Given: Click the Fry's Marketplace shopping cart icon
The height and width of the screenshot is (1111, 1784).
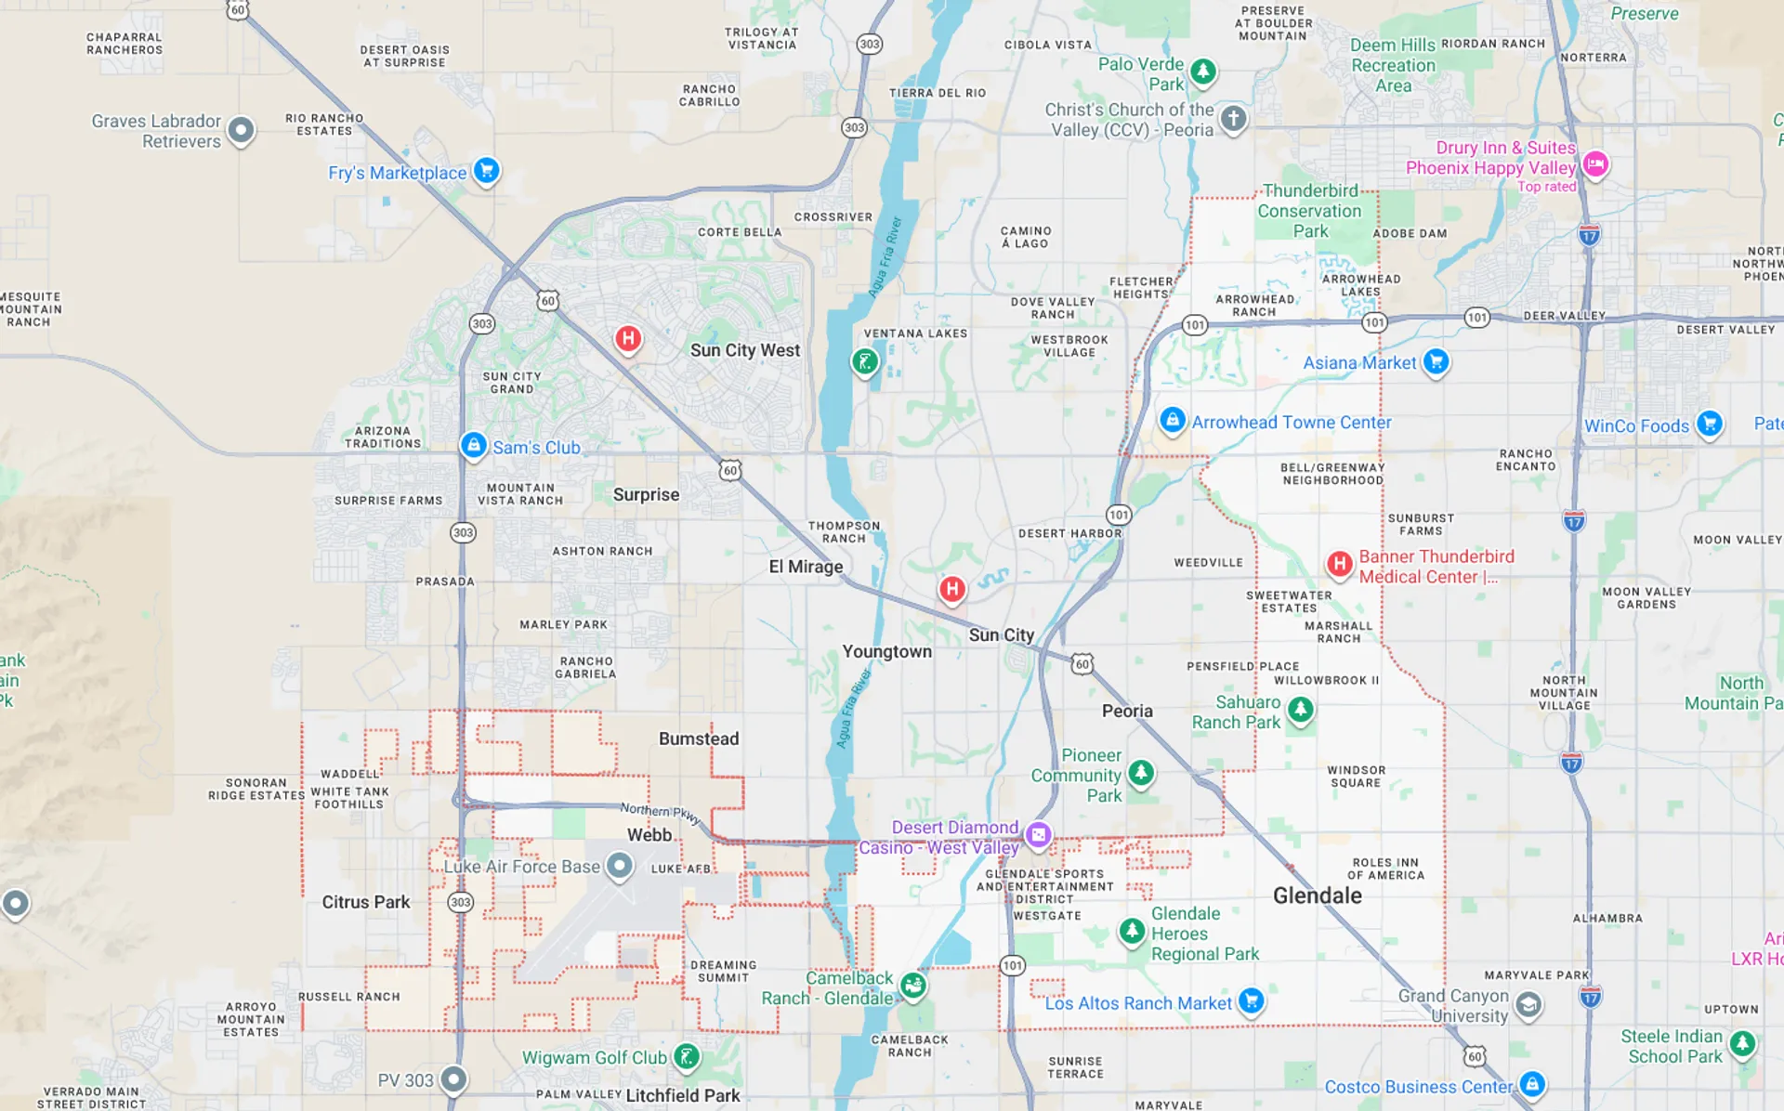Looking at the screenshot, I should coord(486,170).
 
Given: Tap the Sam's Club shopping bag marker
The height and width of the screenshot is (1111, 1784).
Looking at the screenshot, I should coord(474,445).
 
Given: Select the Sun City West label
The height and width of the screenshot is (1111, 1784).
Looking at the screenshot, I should coord(744,350).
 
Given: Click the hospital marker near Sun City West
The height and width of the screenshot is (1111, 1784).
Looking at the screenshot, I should coord(628,338).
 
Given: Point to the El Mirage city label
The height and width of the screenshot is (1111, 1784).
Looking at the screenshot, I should coord(806,567).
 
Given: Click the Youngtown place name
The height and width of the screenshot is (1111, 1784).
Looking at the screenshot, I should coord(886,651).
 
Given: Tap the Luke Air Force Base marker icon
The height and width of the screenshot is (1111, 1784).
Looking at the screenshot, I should coord(619,866).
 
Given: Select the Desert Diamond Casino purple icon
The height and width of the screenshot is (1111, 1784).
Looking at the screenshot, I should coord(1039,834).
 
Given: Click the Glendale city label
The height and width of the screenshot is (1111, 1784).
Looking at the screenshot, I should coord(1317,895).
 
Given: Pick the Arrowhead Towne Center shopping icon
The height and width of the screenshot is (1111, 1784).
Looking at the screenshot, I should coord(1173,420).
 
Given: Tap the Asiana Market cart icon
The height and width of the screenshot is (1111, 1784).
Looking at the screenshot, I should coord(1436,360).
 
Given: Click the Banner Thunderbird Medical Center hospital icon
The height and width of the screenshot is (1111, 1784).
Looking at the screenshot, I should coord(1339,563).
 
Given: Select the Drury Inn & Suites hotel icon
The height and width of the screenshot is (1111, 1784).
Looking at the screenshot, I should coord(1595,163).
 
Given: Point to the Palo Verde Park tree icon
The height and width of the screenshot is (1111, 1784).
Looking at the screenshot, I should coord(1203,71).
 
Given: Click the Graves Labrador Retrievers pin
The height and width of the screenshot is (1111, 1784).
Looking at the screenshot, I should coord(241,129).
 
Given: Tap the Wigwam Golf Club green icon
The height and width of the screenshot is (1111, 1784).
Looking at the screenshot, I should coord(687,1055).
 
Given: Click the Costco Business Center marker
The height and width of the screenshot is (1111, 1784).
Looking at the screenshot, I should coord(1531,1083).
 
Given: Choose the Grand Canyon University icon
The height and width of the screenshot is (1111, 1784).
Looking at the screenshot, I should coord(1528,1004).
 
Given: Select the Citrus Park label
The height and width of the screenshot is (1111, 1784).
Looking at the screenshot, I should coord(365,902).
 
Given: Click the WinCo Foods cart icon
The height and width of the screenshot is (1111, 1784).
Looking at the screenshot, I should coord(1709,423).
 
